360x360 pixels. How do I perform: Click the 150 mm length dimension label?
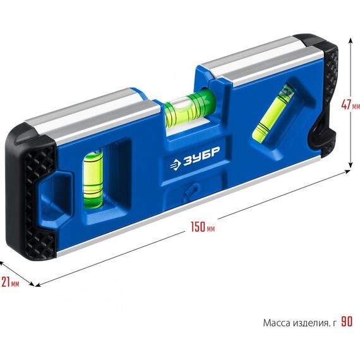pyautogui.click(x=203, y=227)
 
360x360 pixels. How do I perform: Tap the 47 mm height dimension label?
pyautogui.click(x=351, y=105)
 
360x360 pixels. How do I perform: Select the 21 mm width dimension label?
pyautogui.click(x=10, y=282)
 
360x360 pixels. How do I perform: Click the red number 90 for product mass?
pyautogui.click(x=347, y=321)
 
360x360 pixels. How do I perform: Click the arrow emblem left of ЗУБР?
pyautogui.click(x=176, y=165)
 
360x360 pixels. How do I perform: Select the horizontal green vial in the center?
pyautogui.click(x=190, y=107)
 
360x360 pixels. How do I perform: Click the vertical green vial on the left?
pyautogui.click(x=93, y=179)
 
